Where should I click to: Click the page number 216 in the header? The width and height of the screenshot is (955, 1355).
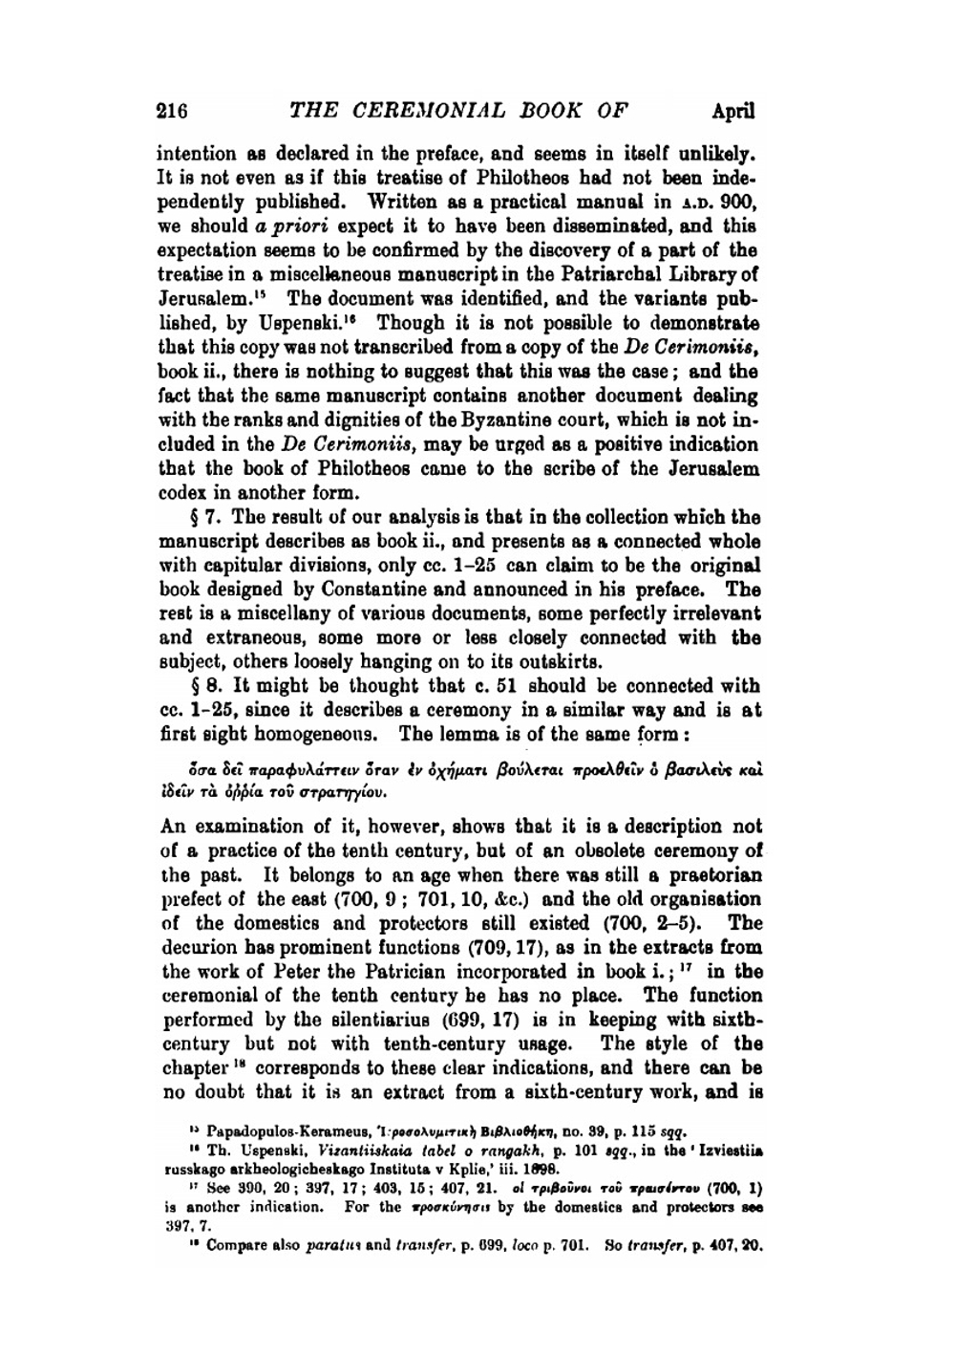(x=173, y=110)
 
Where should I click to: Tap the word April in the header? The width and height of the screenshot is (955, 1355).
(x=732, y=110)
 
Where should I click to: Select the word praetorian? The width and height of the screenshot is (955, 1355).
(x=713, y=875)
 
